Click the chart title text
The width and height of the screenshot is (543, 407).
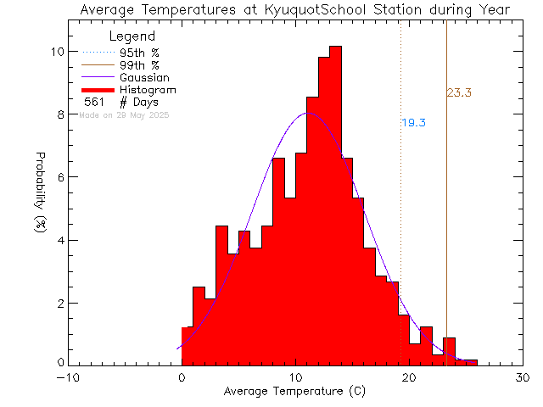pos(294,10)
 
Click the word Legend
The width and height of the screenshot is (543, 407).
pos(132,36)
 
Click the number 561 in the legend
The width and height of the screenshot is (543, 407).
pos(94,103)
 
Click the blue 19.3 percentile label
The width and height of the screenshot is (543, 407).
pos(413,123)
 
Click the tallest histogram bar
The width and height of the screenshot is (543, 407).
pos(335,203)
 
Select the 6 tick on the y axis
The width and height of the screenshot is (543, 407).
pos(58,177)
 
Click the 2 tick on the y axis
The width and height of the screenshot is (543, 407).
pos(58,303)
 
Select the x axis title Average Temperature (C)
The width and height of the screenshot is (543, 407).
pos(294,392)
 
